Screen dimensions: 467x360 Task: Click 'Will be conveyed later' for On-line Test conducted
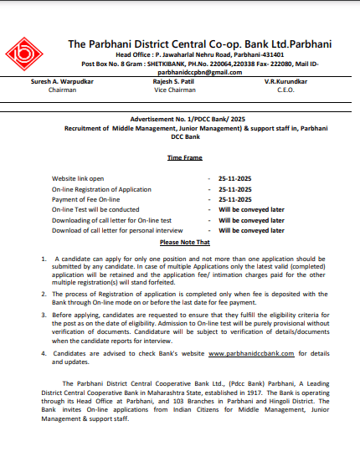point(251,209)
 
